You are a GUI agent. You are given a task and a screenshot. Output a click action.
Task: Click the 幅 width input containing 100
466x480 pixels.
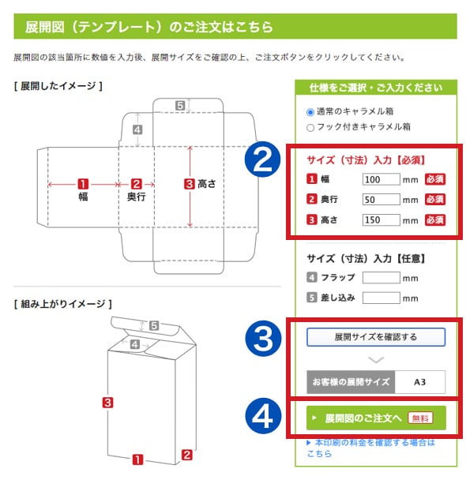click(381, 179)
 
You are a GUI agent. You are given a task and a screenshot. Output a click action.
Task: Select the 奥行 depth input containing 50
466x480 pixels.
click(381, 199)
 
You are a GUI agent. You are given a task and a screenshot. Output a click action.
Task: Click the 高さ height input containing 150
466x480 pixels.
click(381, 219)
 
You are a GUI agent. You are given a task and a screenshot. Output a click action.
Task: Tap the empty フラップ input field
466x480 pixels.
click(381, 278)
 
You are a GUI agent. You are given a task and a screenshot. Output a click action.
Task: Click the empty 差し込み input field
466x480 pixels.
click(381, 298)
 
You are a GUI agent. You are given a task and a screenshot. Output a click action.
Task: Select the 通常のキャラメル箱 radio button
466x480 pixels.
click(310, 112)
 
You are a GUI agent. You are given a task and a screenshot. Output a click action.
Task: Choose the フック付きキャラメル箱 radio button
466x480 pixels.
click(310, 127)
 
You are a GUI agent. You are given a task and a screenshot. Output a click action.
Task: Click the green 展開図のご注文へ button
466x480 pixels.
click(376, 418)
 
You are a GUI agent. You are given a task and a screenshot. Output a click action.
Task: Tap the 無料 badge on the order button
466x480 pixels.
click(420, 418)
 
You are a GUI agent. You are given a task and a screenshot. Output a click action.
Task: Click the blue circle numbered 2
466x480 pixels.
click(262, 159)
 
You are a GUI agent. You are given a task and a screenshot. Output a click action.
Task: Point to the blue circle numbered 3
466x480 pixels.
click(263, 339)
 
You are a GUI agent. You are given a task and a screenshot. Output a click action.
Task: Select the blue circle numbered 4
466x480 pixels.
click(263, 416)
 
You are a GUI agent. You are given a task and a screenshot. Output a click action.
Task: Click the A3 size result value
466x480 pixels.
click(419, 382)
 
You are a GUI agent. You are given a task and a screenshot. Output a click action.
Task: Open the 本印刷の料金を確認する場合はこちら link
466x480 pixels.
click(370, 448)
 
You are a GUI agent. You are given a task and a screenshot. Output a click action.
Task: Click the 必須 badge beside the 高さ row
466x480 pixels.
click(434, 219)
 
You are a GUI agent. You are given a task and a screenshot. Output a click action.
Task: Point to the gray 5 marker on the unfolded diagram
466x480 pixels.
click(180, 106)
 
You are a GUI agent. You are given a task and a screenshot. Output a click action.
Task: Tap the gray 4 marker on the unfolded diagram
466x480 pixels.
click(137, 129)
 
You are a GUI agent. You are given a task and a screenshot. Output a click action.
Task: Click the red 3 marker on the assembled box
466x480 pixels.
click(107, 403)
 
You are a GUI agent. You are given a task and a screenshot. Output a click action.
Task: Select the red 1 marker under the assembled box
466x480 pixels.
click(137, 459)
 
